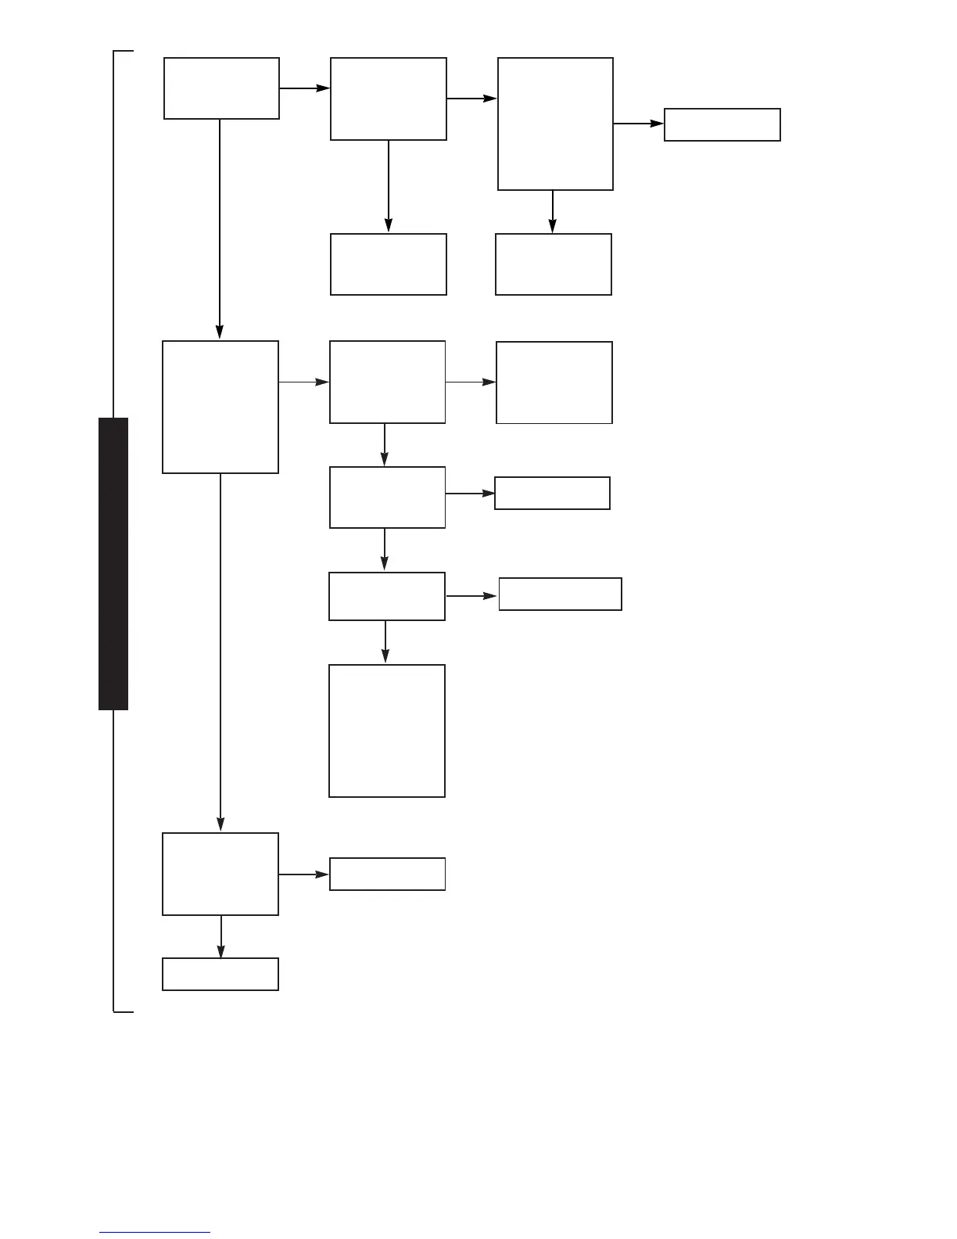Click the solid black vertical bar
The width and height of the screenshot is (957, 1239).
[x=113, y=563]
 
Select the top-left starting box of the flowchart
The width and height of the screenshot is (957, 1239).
[x=221, y=88]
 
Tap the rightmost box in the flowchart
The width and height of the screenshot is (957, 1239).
[x=722, y=124]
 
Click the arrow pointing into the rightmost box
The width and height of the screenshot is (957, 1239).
[x=639, y=124]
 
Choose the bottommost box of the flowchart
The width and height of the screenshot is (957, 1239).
[x=220, y=974]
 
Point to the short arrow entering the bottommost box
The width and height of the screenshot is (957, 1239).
[x=221, y=936]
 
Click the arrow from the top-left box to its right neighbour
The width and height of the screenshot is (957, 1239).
[x=305, y=88]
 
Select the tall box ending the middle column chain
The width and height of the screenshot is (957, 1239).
[x=387, y=731]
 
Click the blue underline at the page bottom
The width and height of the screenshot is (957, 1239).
[x=155, y=1233]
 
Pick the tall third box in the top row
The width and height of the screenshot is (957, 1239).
[x=555, y=124]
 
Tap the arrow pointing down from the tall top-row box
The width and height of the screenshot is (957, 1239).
[x=553, y=211]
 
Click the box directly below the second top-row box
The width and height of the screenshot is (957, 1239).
[x=389, y=264]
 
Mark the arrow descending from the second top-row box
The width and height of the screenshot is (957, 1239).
[x=389, y=186]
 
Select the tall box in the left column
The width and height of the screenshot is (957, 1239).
[x=220, y=407]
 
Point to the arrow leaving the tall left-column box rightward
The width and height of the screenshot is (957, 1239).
[x=304, y=382]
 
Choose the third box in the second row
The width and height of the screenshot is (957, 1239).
[x=554, y=382]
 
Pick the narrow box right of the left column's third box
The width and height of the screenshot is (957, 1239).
[x=387, y=874]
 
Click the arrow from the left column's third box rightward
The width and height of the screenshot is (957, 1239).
[x=304, y=874]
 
